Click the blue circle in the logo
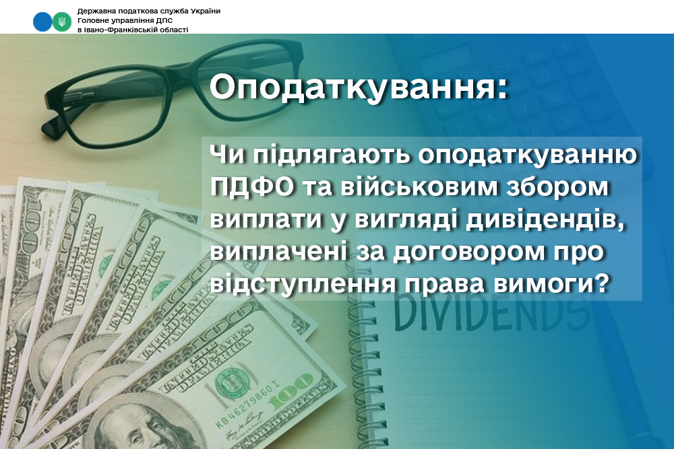(x=42, y=22)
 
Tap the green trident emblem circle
(x=62, y=22)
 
